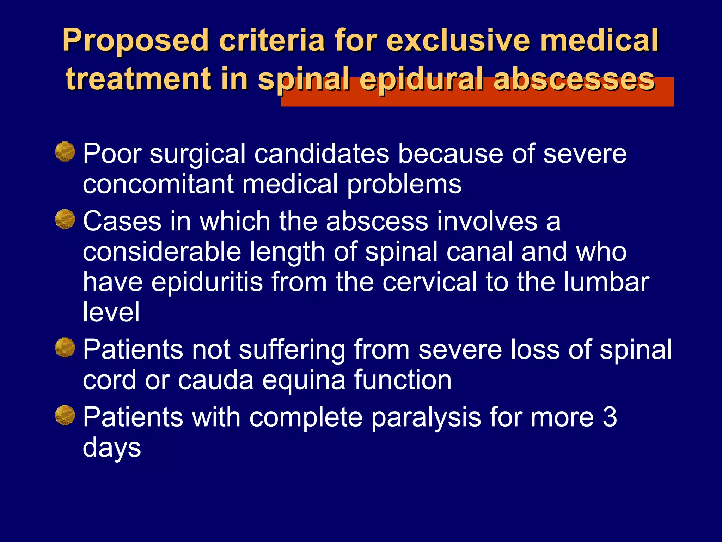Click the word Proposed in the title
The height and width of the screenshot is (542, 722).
pyautogui.click(x=135, y=41)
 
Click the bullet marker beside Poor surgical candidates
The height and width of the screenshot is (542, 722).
pyautogui.click(x=65, y=152)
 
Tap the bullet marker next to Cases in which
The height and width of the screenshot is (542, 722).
pyautogui.click(x=65, y=219)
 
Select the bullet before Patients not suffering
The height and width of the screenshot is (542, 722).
pyautogui.click(x=65, y=348)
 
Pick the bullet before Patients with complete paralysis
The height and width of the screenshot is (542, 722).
pyautogui.click(x=65, y=415)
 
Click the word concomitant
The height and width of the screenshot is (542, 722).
pyautogui.click(x=158, y=184)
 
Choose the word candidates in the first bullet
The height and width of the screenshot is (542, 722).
pyautogui.click(x=322, y=154)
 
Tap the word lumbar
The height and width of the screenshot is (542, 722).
pyautogui.click(x=606, y=282)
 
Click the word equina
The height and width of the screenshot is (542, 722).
pyautogui.click(x=304, y=380)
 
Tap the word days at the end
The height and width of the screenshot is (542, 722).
pyautogui.click(x=112, y=448)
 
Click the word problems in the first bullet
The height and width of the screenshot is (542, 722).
pyautogui.click(x=404, y=185)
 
